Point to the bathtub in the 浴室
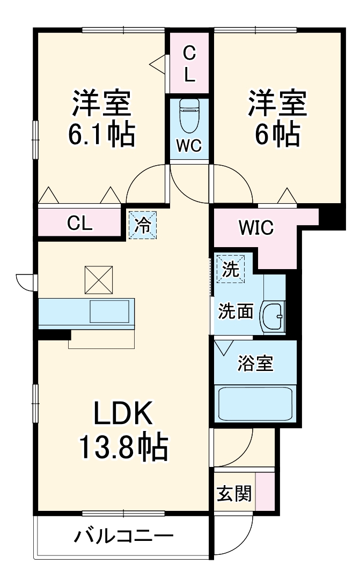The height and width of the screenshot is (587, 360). [255, 404]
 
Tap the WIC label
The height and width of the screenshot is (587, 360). [256, 227]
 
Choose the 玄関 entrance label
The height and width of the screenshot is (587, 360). [234, 493]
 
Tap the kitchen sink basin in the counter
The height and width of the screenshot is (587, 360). [109, 311]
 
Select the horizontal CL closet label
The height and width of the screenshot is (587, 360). [80, 224]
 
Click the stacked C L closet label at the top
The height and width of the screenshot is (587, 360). [189, 64]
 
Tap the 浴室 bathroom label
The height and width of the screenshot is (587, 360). [255, 363]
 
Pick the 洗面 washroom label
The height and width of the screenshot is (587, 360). [235, 312]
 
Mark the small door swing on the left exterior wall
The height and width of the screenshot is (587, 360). [26, 280]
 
